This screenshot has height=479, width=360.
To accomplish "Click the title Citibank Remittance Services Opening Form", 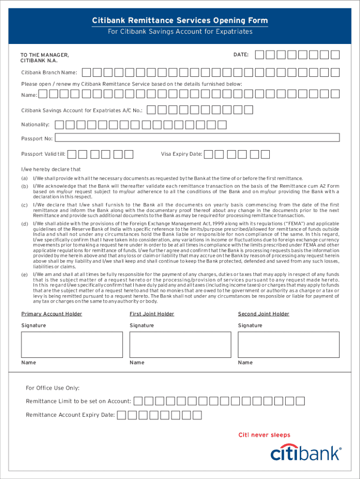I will (x=180, y=20).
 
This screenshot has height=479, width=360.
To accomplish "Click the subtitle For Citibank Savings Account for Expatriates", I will (x=180, y=31).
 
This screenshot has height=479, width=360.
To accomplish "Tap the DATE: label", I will (x=241, y=55).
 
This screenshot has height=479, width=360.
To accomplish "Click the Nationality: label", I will (x=36, y=125).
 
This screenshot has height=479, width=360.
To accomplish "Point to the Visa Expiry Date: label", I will (x=181, y=154).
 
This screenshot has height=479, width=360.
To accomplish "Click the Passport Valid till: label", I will (x=43, y=154).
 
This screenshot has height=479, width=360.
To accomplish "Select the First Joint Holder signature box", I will (x=180, y=344).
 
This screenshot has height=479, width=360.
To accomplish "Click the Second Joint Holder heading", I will (x=263, y=314).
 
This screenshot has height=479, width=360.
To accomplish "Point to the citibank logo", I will (x=306, y=453).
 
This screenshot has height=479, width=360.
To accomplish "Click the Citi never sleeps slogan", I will (x=264, y=435).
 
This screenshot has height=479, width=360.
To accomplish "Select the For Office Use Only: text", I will (x=52, y=388).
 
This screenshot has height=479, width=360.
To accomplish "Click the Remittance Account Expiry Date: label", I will (x=70, y=415).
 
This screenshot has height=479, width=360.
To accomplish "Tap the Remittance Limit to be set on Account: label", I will (x=78, y=401).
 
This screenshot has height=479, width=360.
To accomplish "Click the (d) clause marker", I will (x=24, y=224).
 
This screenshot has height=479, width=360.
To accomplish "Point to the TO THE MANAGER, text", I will (x=44, y=55).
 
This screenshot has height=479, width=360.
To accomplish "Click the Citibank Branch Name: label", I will (x=49, y=73).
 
